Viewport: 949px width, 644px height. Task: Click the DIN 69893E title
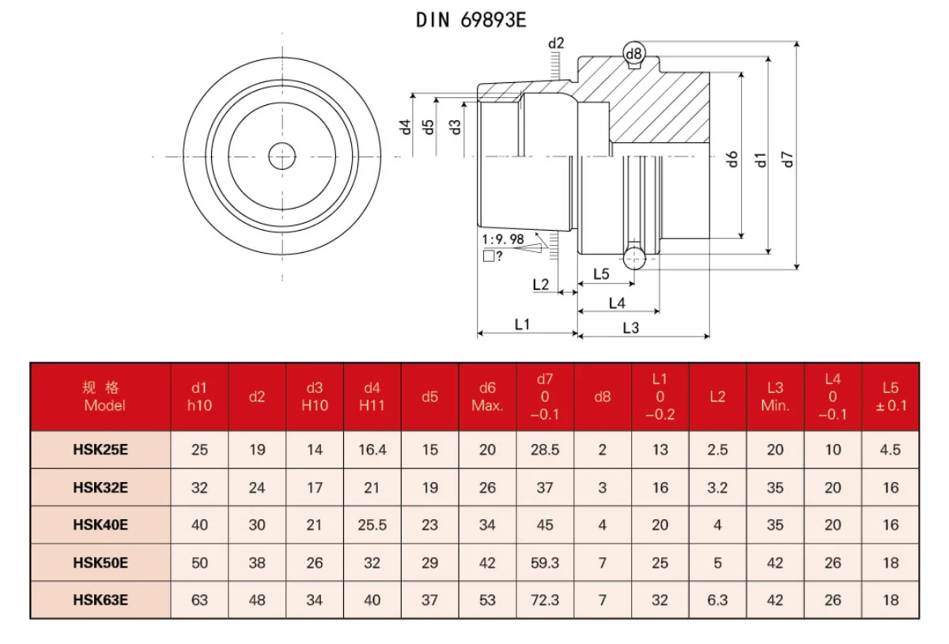coord(471,21)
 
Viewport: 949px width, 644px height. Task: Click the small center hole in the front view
coord(282,156)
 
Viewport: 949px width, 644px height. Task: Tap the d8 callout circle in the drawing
coord(634,53)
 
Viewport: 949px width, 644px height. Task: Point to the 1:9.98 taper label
coord(503,239)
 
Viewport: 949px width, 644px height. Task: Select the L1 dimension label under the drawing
coord(522,324)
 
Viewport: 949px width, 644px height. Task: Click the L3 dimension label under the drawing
coord(630,327)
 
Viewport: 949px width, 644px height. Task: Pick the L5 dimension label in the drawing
coord(601,274)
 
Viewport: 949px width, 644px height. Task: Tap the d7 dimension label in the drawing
coord(787,158)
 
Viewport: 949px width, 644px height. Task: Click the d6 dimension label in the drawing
coord(732,158)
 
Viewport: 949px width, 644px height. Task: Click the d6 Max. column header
coord(487,397)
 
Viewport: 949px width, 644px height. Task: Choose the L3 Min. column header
coord(775,397)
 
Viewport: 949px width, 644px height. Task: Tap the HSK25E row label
coord(101,450)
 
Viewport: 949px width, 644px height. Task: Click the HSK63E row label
coord(101,601)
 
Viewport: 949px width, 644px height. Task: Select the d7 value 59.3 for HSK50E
coord(545,563)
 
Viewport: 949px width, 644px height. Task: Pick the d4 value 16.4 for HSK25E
coord(372,450)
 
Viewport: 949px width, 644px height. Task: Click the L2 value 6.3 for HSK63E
coord(717,601)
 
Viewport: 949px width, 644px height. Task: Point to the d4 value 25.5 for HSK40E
coord(372,525)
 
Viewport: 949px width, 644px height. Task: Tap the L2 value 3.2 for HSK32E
coord(717,488)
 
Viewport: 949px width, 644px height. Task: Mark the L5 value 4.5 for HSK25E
coord(890,450)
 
